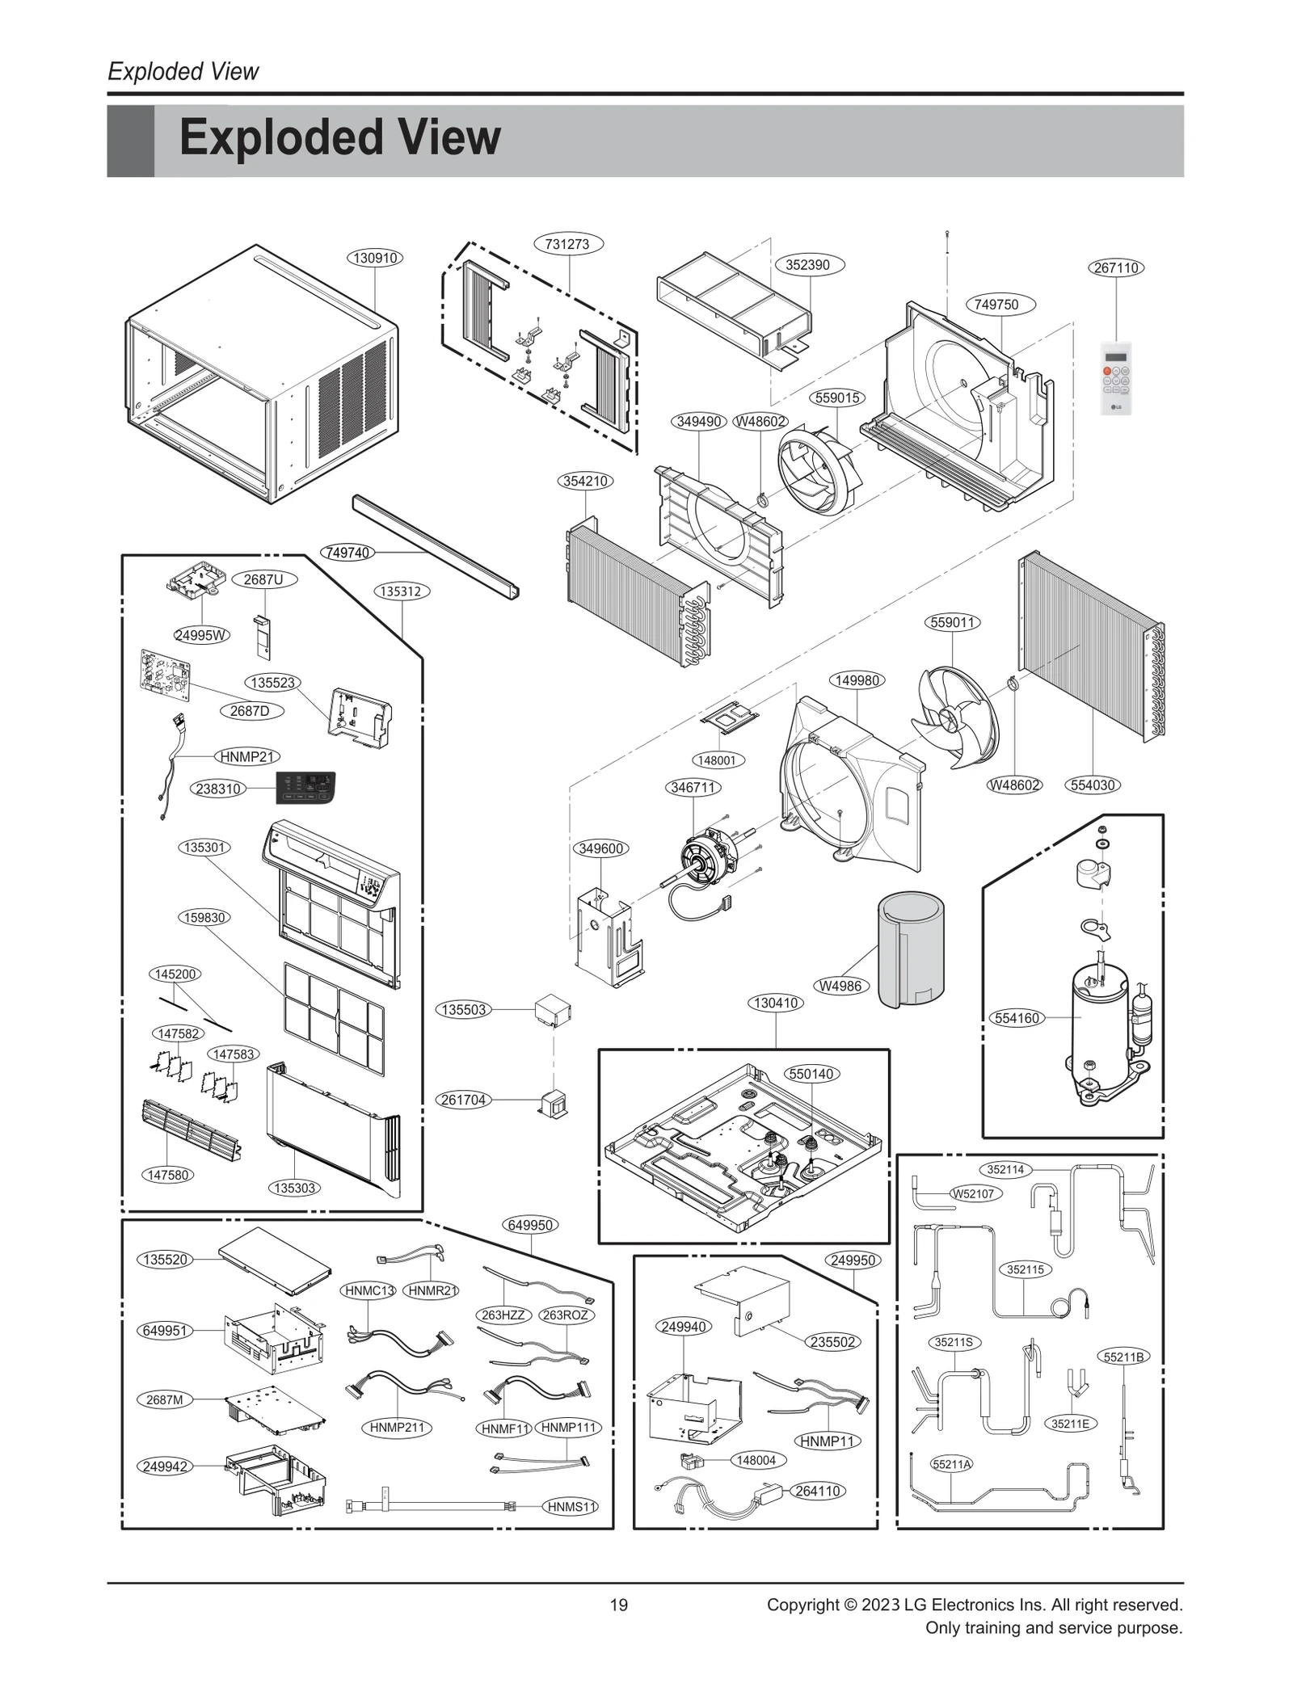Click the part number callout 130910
(375, 259)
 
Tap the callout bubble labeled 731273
(567, 244)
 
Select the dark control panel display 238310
(305, 787)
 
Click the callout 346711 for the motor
(693, 787)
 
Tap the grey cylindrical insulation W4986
(911, 949)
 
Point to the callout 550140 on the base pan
(811, 1074)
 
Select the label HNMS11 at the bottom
(571, 1507)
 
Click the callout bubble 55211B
(1123, 1357)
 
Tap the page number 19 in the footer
(618, 1605)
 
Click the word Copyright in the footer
(802, 1605)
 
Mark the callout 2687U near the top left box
(263, 579)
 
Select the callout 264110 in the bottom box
(817, 1491)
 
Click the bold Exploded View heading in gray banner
(339, 138)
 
